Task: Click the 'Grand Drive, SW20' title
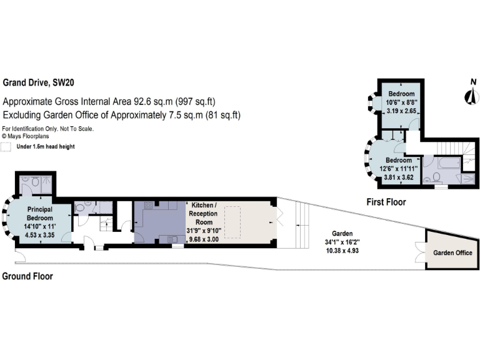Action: pyautogui.click(x=42, y=82)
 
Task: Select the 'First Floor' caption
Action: pyautogui.click(x=386, y=202)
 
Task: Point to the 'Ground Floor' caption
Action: pyautogui.click(x=27, y=276)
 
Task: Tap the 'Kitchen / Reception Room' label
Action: pyautogui.click(x=204, y=211)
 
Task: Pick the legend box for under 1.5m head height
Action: pyautogui.click(x=7, y=147)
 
